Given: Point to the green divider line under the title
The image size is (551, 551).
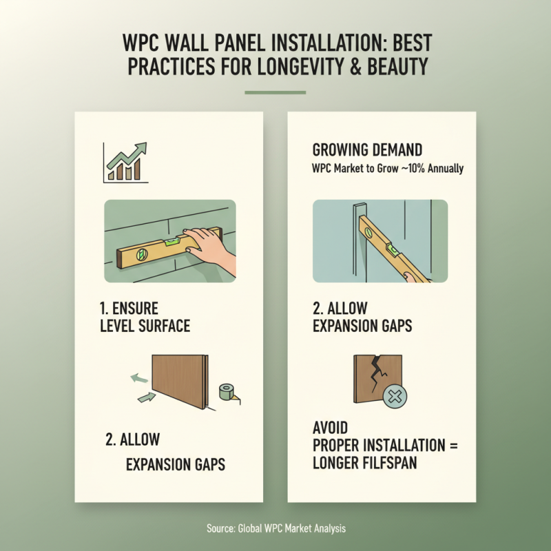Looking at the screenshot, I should pyautogui.click(x=275, y=92).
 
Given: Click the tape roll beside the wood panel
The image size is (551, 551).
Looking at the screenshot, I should pyautogui.click(x=226, y=394).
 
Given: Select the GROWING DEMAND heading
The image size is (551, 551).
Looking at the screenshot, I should pyautogui.click(x=367, y=149).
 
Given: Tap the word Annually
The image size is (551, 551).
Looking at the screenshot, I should pyautogui.click(x=446, y=168).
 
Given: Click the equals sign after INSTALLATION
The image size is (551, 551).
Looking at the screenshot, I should pyautogui.click(x=453, y=445).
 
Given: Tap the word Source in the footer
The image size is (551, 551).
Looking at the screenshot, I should pyautogui.click(x=221, y=528).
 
